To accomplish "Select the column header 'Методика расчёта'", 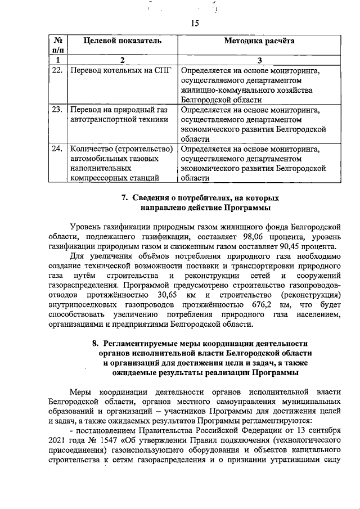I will point(259,41).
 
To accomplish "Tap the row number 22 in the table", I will point(57,71).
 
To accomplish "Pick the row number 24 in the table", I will point(57,149).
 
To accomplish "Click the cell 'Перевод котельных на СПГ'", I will point(118,71).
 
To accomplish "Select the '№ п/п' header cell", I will point(57,46).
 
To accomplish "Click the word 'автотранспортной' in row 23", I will point(98,119).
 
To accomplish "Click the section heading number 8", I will point(95,343).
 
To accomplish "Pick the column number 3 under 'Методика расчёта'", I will point(259,60).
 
